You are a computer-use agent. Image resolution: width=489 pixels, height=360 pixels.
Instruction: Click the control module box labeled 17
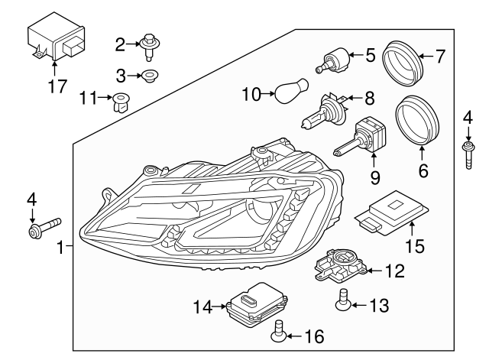pos(55,41)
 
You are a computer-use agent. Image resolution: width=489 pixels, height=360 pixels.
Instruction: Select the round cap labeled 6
pos(420,122)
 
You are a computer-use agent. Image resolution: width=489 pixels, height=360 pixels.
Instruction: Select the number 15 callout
pos(413,248)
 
